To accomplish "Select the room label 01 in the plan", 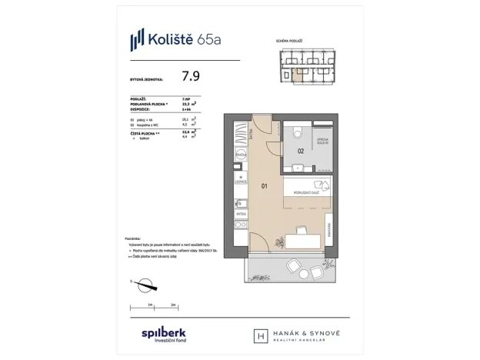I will click(x=264, y=185).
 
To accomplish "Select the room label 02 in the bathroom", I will click(x=302, y=151).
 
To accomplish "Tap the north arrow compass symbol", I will click(x=144, y=287).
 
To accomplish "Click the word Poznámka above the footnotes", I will click(x=135, y=239).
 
